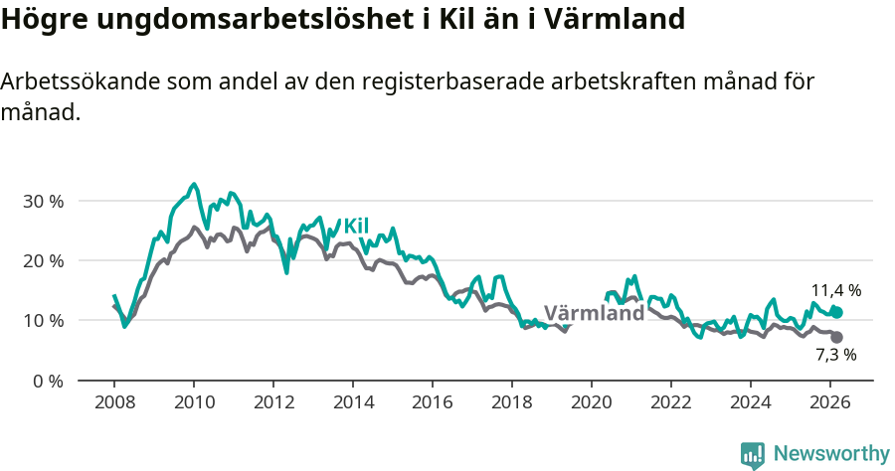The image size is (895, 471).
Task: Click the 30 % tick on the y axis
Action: click(x=43, y=201)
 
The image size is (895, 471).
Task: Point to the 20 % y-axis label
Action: click(x=43, y=260)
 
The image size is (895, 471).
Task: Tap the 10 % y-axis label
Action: click(x=43, y=321)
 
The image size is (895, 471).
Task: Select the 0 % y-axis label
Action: click(x=47, y=381)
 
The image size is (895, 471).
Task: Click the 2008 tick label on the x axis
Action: click(x=113, y=401)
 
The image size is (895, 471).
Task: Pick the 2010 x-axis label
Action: click(x=193, y=401)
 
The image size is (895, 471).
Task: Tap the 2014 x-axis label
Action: click(x=352, y=401)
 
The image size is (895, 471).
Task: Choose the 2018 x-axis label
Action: click(x=511, y=401)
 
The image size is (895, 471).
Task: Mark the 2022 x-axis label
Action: click(x=670, y=401)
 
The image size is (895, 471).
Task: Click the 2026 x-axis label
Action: click(x=829, y=401)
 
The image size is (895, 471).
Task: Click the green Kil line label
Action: click(x=356, y=226)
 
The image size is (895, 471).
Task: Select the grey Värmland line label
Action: click(x=595, y=313)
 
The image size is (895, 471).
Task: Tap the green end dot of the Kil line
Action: click(x=837, y=312)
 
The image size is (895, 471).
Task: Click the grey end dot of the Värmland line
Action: click(x=837, y=337)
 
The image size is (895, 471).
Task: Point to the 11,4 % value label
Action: click(x=836, y=290)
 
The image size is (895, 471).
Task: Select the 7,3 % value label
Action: click(x=836, y=355)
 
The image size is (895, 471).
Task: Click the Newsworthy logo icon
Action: click(x=753, y=454)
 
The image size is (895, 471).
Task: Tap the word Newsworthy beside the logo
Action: click(x=831, y=454)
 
